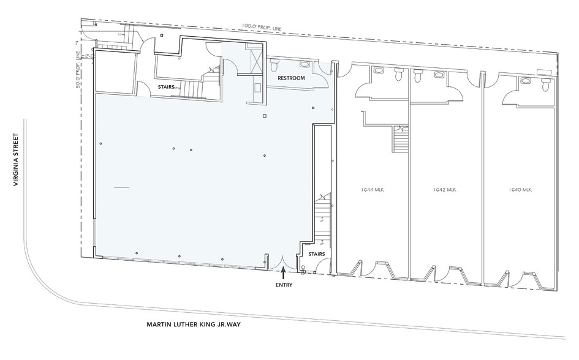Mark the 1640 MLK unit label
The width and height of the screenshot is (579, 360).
pos(520,190)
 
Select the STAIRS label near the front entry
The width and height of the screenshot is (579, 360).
pos(316,253)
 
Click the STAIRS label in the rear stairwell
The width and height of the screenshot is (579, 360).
pos(166,88)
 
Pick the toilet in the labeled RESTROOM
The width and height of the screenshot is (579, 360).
pos(274,63)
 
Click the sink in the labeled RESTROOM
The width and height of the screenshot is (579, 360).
pos(305,64)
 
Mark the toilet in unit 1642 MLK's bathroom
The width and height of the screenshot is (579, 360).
pos(418,75)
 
